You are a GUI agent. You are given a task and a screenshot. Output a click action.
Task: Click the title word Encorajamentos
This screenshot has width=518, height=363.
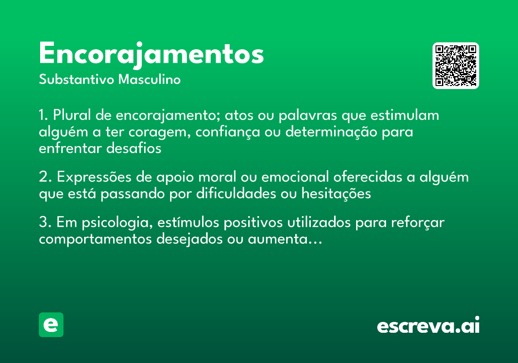click(x=151, y=54)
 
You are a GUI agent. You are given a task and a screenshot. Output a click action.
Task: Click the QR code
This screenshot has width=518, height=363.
click(x=456, y=66)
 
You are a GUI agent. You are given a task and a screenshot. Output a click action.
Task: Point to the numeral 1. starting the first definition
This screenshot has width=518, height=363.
click(x=44, y=116)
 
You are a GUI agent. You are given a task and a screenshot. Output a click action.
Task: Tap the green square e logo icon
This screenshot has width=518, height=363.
click(x=51, y=325)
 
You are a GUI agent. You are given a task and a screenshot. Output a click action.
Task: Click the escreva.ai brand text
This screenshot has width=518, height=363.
click(x=428, y=325)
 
